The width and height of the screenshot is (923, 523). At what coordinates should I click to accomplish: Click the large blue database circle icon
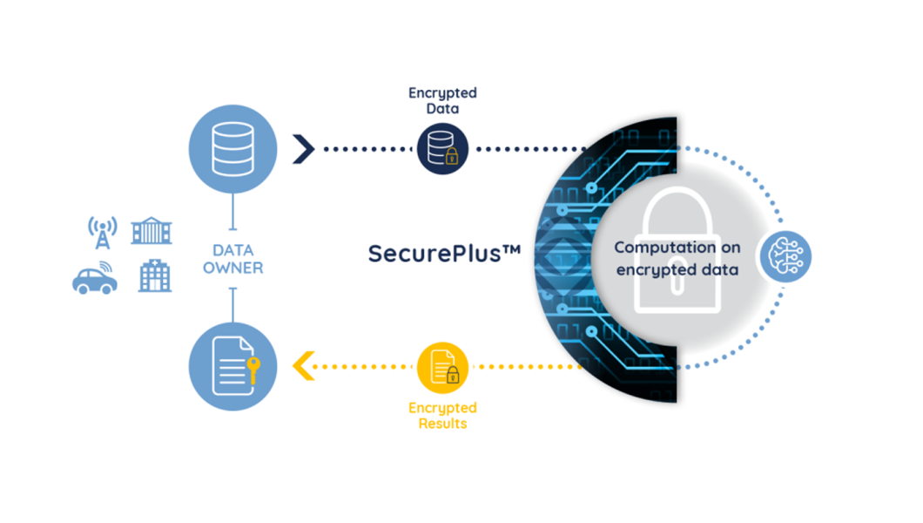tap(232, 149)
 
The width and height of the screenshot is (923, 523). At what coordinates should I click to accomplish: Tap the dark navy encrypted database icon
tap(442, 148)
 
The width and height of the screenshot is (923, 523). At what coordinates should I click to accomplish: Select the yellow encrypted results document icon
tap(442, 368)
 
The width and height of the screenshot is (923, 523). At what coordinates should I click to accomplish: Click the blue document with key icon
tap(232, 366)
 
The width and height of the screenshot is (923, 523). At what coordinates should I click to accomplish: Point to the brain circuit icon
tap(785, 256)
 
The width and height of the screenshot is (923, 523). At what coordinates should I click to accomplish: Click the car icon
tap(95, 278)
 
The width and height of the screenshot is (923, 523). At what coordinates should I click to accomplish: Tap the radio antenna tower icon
tap(103, 232)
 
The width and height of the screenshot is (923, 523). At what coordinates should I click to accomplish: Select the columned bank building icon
tap(152, 230)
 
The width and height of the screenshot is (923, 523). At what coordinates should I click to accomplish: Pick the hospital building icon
tap(155, 275)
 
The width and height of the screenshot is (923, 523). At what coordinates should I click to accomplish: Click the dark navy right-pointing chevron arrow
tap(304, 149)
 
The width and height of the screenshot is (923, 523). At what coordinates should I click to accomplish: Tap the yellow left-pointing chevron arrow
tap(304, 366)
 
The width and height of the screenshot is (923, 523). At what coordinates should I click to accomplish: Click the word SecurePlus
tap(435, 254)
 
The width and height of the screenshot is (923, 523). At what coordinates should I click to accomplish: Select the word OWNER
tap(233, 268)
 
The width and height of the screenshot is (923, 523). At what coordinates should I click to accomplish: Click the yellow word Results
tap(442, 424)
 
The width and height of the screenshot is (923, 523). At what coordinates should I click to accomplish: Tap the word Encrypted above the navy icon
tap(442, 93)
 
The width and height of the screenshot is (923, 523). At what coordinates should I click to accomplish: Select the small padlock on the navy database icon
tap(452, 157)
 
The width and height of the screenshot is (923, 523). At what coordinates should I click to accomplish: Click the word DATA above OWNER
tap(233, 250)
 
